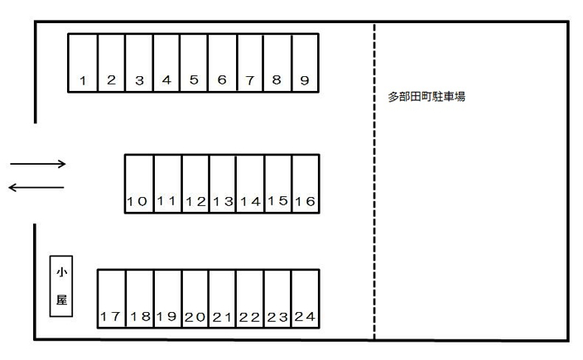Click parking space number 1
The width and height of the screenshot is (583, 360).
click(83, 62)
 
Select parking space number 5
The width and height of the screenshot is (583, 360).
click(194, 62)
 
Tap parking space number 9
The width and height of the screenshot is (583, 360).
click(305, 62)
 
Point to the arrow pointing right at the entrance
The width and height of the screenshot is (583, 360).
click(38, 164)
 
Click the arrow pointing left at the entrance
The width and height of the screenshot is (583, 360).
click(36, 188)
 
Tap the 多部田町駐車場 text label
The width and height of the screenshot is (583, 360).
click(426, 97)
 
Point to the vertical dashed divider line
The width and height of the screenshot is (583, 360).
click(374, 182)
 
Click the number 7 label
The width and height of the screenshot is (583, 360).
click(249, 80)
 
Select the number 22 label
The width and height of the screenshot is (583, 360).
click(249, 317)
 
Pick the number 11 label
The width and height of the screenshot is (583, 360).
click(166, 201)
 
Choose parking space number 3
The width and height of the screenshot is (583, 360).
click(139, 62)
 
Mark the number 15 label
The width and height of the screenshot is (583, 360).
click(277, 200)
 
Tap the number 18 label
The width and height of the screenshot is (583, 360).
click(139, 317)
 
